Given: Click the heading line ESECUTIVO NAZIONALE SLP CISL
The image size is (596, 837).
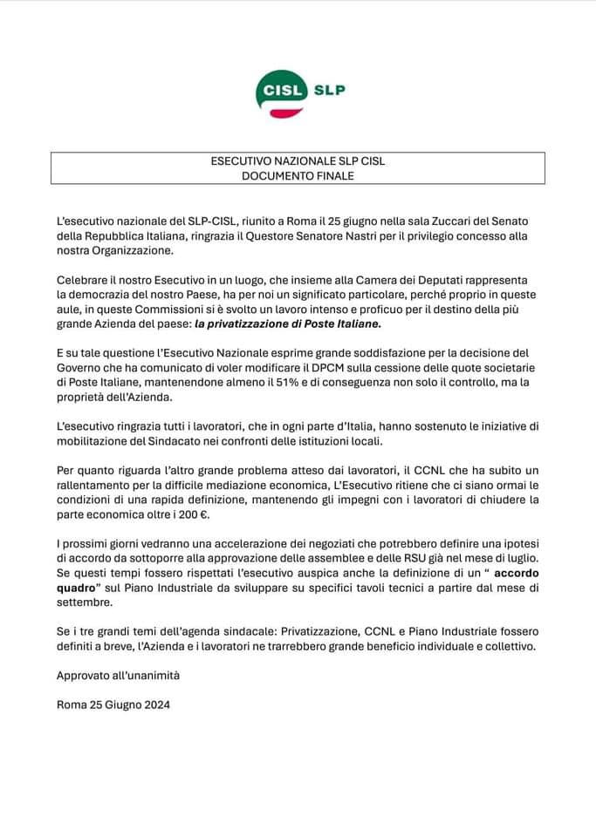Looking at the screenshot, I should point(298,160).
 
